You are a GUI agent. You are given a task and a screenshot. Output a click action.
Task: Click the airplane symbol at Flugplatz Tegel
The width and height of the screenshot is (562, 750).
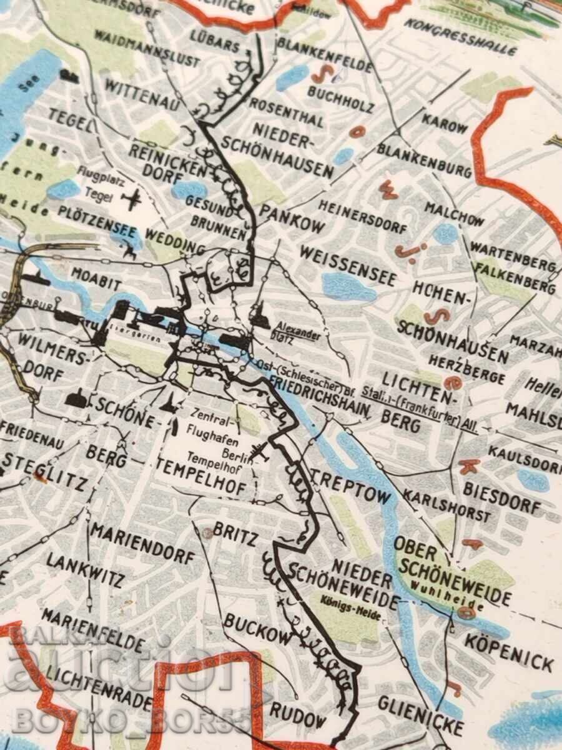pyautogui.click(x=132, y=199)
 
